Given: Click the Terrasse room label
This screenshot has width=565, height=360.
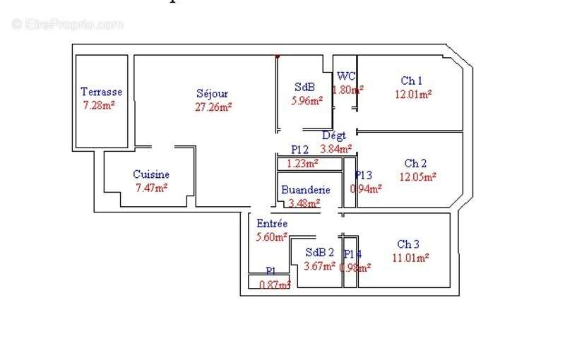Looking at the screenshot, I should pos(101,92).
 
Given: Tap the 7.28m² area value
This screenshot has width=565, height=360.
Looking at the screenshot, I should pos(99,105).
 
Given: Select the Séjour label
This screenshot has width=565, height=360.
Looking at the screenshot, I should pos(213,93).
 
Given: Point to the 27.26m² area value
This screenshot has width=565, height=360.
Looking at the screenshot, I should pos(213,107).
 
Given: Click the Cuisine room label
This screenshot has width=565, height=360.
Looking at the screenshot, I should pos(151,174).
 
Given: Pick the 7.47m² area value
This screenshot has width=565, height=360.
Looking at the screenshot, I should pos(151,188).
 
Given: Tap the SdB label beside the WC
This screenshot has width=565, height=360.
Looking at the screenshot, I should pos(304,88).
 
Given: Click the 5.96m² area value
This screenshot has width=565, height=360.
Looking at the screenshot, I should pos(307,101).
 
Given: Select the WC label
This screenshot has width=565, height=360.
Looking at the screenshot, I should pos(346,76).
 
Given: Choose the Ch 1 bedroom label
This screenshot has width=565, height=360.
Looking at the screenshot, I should pos(412,80).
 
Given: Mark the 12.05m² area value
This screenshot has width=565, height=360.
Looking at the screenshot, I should pos(418,177).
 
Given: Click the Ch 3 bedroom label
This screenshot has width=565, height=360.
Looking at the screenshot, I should pos(408,244).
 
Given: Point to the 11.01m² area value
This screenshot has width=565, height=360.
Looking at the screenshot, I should pos(411,258).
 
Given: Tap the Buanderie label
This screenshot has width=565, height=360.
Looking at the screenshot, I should pos(305,190).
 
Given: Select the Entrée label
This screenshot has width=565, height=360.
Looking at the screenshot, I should pos(272,224).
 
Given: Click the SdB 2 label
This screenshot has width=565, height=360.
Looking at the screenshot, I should pos(319,253).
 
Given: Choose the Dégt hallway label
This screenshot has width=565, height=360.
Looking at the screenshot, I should pos(334,136).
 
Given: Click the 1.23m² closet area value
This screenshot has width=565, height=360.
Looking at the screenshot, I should pos(302,163).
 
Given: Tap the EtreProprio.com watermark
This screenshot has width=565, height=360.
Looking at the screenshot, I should pos(67,25).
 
